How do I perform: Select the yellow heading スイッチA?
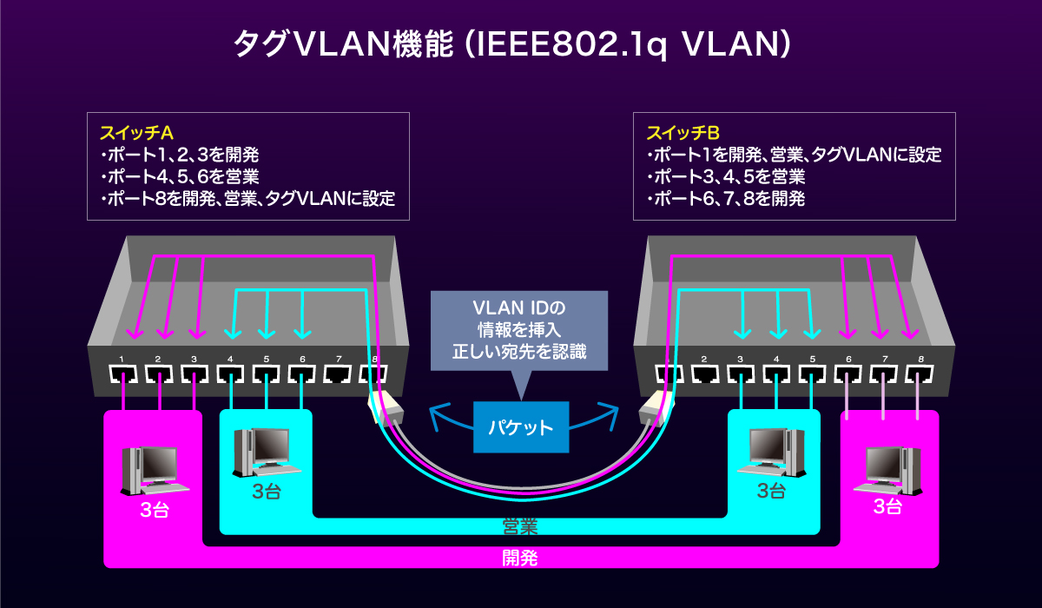coord(137,133)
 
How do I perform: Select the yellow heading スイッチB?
coord(683,133)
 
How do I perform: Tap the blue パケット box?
coord(521,426)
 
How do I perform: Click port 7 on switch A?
coord(339,374)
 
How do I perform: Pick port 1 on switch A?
coord(123,374)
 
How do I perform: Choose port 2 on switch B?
coord(705,374)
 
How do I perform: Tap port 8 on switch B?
coord(919,374)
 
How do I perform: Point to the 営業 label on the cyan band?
coord(520,526)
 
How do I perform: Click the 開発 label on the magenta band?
coord(520,558)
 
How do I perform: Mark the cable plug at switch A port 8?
coord(385,408)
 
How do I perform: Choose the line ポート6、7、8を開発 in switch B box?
coord(726,199)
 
